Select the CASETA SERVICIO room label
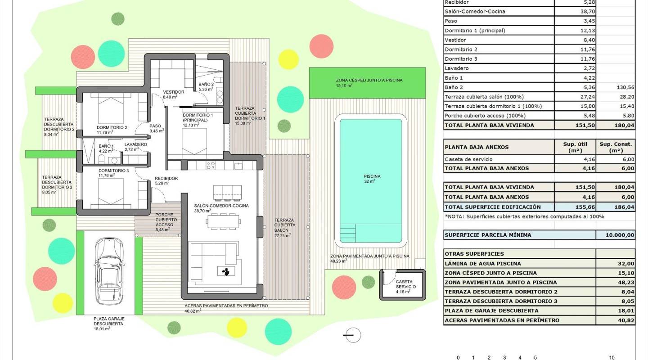coord(405,286)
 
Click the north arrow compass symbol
coord(352,335)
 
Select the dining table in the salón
coord(224,221)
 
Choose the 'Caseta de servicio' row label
coord(468,159)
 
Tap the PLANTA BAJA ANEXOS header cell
coord(476,147)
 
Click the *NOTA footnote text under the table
coord(524,216)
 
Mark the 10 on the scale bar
coord(612,358)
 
